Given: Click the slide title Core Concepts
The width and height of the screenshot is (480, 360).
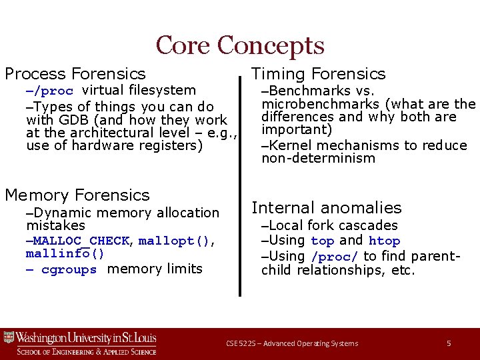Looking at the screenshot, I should pyautogui.click(x=240, y=45).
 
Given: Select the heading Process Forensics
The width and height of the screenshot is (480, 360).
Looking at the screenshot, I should pyautogui.click(x=75, y=74).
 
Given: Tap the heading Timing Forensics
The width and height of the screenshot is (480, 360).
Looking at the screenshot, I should pyautogui.click(x=318, y=74).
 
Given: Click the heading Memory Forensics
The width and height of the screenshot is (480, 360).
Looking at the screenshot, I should pyautogui.click(x=77, y=195).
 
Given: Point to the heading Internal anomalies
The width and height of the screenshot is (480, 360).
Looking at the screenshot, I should pyautogui.click(x=326, y=208).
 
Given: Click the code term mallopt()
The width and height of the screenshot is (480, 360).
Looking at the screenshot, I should pyautogui.click(x=176, y=241).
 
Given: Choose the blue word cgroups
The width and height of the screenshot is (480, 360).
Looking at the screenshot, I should pyautogui.click(x=69, y=270).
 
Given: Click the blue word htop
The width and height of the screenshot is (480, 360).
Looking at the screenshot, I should pyautogui.click(x=385, y=241).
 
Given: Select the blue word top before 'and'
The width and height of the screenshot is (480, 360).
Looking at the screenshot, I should pyautogui.click(x=322, y=241).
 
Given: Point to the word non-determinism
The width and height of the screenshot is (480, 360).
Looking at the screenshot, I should pyautogui.click(x=318, y=159).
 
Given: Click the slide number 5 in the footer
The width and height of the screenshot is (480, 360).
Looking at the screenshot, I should pyautogui.click(x=449, y=343).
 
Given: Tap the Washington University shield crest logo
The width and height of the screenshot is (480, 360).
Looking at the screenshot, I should pyautogui.click(x=9, y=337).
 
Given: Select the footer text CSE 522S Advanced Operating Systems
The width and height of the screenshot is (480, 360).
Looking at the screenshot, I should pyautogui.click(x=292, y=343).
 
